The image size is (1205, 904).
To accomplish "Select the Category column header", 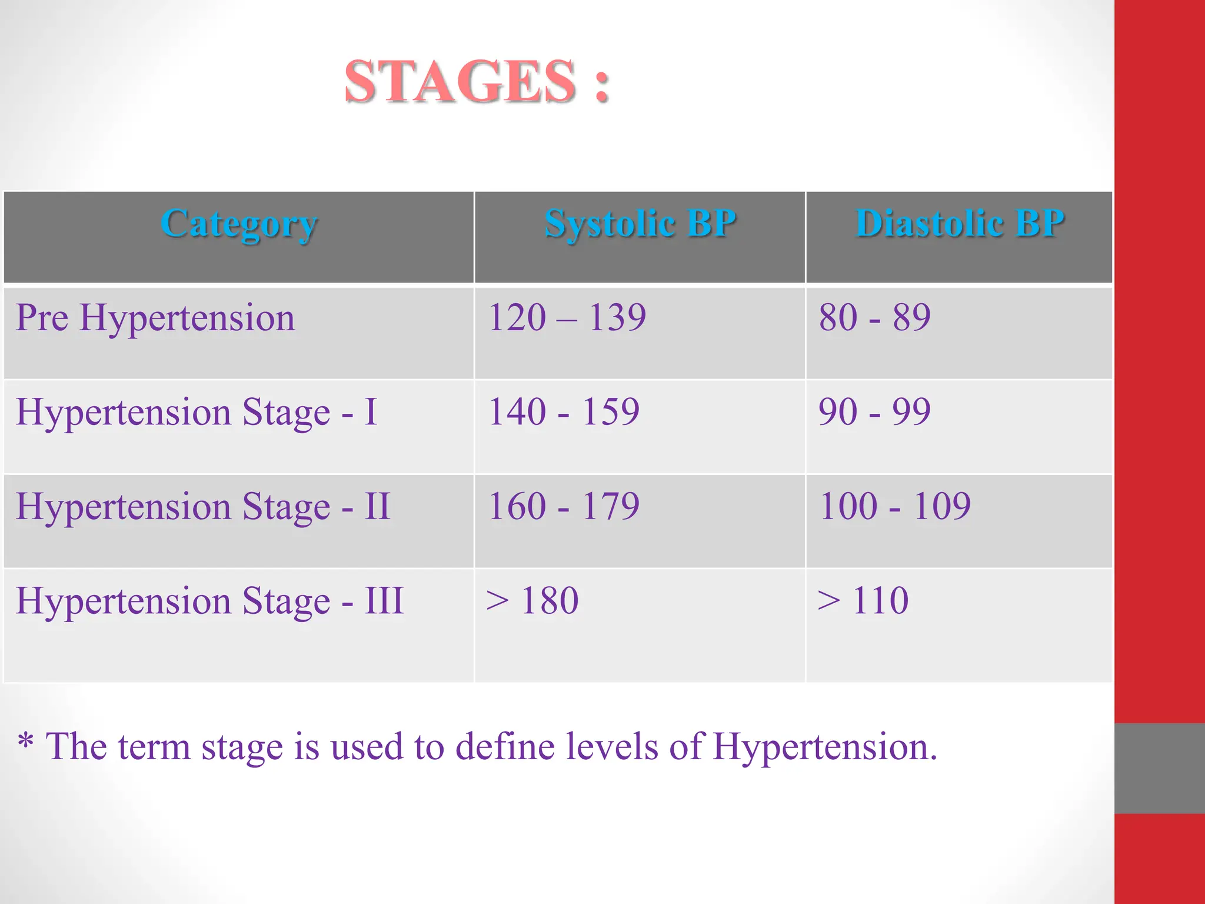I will [x=239, y=224].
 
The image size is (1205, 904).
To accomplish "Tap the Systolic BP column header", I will [x=640, y=224].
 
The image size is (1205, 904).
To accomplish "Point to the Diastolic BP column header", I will [x=960, y=224].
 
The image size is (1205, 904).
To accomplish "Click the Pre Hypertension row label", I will [x=155, y=318].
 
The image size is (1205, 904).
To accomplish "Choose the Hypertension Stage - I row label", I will [x=196, y=412].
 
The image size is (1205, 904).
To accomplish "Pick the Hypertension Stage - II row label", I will [x=203, y=506].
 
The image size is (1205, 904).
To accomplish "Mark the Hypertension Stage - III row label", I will [x=209, y=601].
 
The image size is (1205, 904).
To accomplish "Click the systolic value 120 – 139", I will [x=567, y=318].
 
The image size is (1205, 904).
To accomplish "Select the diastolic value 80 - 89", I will [x=874, y=318].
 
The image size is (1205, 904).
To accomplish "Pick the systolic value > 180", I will [x=532, y=600].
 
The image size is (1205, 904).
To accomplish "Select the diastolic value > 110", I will [x=863, y=600].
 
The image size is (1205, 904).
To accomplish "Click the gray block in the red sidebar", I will [x=1159, y=768].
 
